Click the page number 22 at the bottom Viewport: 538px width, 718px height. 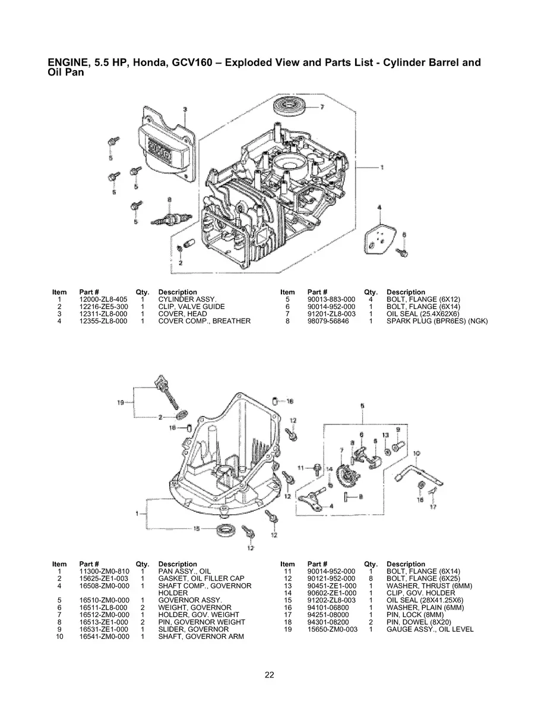(x=269, y=675)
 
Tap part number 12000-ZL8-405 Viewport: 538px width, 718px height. (x=103, y=299)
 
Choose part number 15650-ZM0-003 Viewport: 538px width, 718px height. (x=333, y=629)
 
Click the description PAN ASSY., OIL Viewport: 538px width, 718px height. (x=185, y=571)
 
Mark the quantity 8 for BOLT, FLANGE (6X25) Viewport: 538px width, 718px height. (x=370, y=578)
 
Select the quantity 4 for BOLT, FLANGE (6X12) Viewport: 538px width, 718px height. (x=370, y=299)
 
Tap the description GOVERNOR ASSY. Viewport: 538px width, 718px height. (x=190, y=600)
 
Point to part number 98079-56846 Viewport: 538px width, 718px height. (x=328, y=321)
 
